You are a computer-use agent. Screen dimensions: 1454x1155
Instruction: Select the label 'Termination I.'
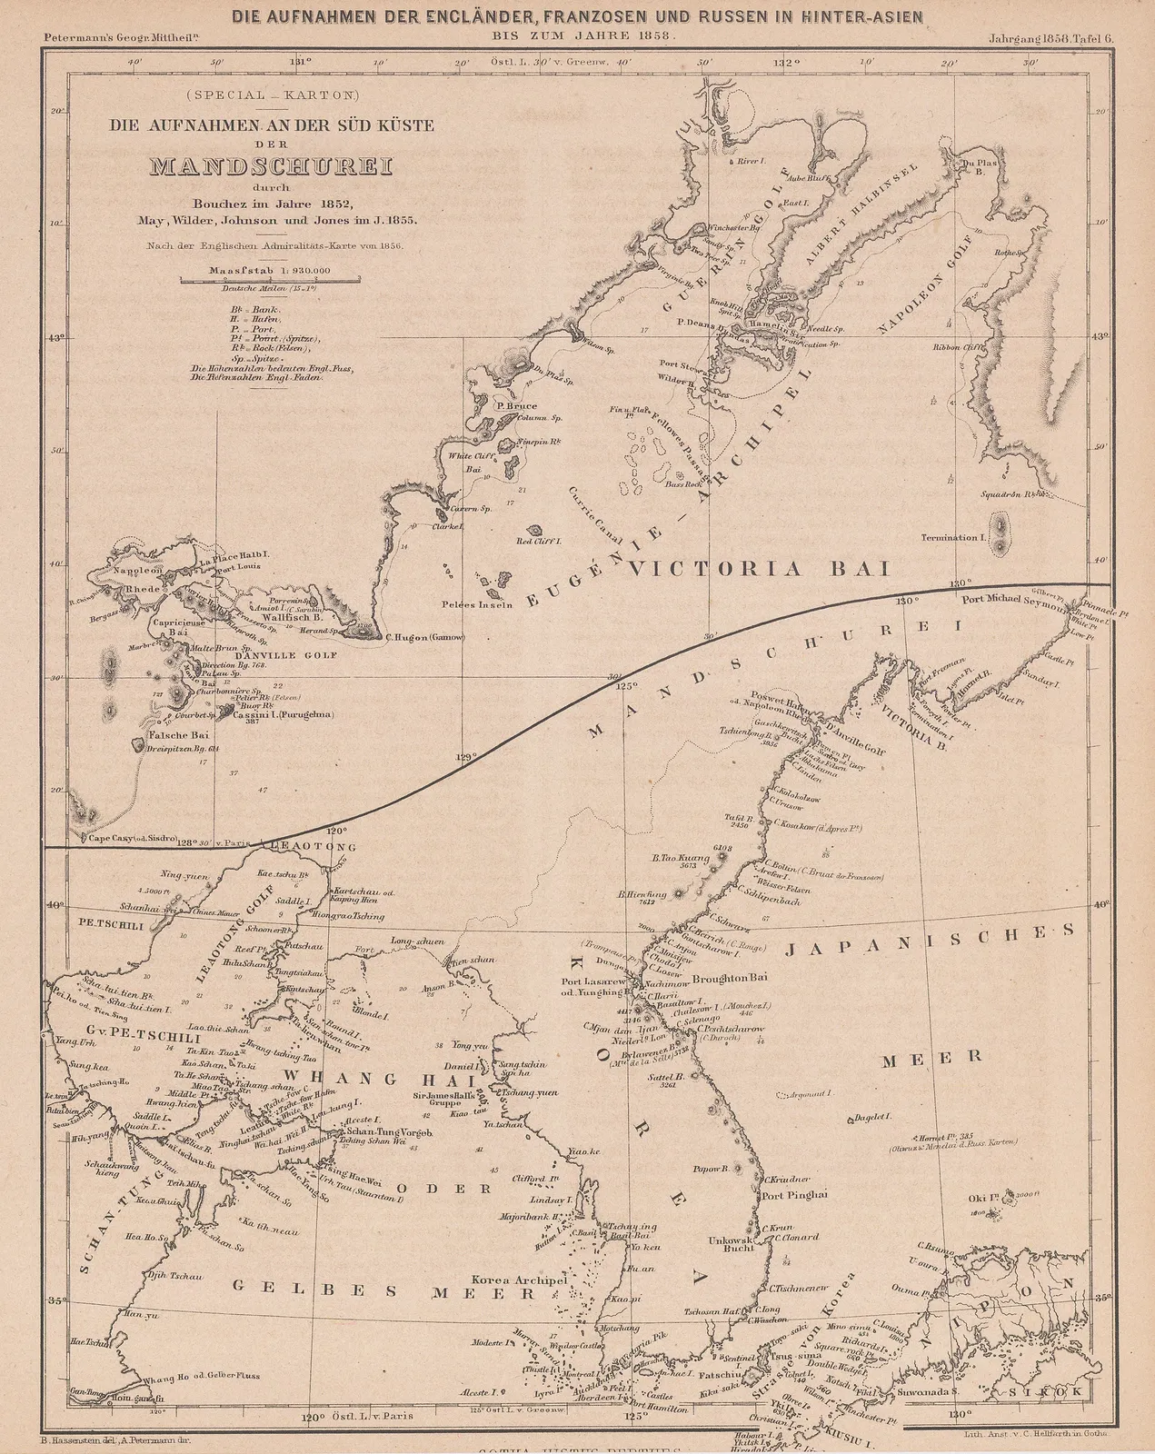pyautogui.click(x=952, y=538)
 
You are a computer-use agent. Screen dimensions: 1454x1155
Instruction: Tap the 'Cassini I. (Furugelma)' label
pyautogui.click(x=283, y=715)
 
